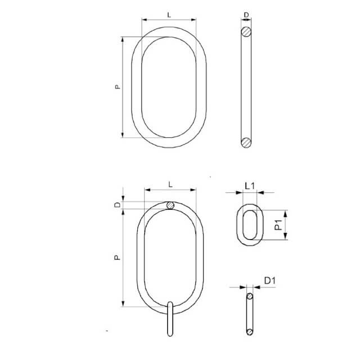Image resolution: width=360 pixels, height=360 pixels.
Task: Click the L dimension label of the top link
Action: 169,15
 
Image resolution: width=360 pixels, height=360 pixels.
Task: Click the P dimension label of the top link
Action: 118,87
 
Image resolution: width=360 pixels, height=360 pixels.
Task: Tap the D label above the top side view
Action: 246,15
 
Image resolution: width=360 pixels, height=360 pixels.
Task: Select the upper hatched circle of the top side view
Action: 246,31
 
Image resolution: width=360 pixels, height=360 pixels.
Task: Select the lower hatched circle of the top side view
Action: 246,142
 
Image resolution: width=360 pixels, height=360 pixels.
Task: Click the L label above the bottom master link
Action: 170,184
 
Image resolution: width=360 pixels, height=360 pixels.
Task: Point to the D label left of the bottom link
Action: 118,205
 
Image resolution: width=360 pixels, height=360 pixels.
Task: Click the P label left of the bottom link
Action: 118,258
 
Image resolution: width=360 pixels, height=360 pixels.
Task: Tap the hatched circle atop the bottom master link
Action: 170,205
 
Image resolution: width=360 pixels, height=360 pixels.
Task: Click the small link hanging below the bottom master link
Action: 170,319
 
